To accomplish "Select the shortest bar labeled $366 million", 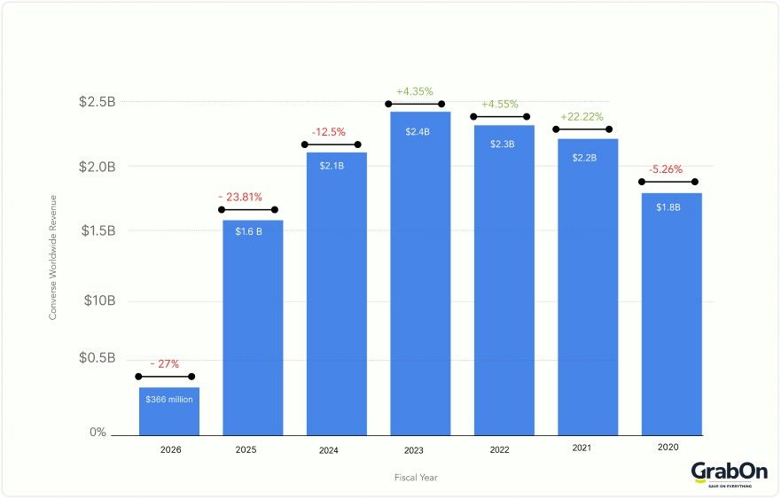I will click(169, 411).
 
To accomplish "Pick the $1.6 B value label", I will click(253, 232).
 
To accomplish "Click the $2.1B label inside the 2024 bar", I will click(336, 165).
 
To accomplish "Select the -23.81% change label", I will click(240, 197).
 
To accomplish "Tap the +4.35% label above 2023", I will click(414, 91).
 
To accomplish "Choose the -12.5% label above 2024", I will click(331, 132).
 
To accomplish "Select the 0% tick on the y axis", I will click(98, 433).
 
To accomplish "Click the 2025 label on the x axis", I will click(246, 450).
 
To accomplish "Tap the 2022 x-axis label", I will click(499, 450).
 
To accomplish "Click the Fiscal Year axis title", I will click(416, 478).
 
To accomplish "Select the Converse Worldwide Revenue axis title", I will click(53, 257).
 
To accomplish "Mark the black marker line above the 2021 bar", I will click(582, 130).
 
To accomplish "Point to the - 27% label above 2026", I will click(164, 364).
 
